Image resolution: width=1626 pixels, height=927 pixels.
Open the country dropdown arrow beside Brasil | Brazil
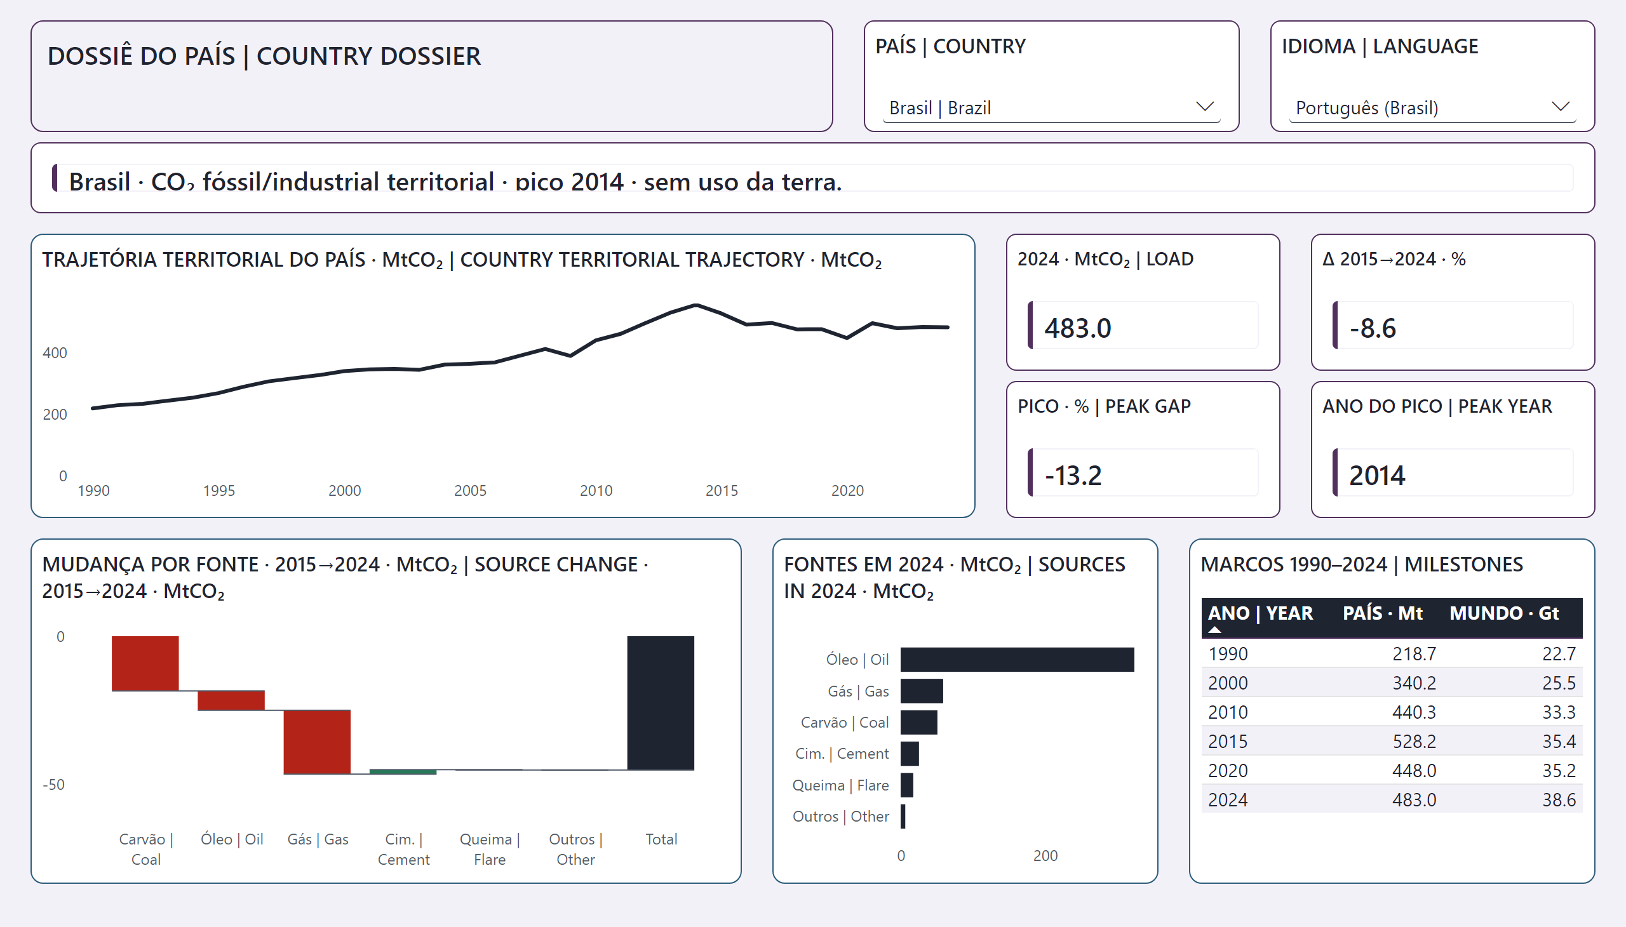click(x=1204, y=106)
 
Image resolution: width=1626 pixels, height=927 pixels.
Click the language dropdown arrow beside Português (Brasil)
click(x=1560, y=106)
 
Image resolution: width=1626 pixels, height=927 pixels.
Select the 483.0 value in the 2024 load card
click(x=1078, y=328)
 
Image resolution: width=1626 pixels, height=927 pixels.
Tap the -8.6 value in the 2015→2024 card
click(x=1373, y=328)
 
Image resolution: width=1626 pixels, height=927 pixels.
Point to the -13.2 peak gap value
click(x=1073, y=476)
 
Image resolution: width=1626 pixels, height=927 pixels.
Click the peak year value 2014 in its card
click(x=1377, y=476)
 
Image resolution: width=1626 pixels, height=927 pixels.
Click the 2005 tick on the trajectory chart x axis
click(x=470, y=491)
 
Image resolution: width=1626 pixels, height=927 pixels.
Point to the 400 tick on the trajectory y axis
click(x=55, y=353)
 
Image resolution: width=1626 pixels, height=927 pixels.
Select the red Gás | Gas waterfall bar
click(x=317, y=742)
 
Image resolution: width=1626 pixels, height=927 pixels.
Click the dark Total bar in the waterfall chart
click(x=661, y=703)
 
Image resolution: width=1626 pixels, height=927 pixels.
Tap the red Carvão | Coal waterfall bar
click(x=145, y=664)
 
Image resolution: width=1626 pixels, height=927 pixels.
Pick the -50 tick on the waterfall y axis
click(x=53, y=784)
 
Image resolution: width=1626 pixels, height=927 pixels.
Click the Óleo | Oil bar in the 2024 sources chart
click(x=1017, y=660)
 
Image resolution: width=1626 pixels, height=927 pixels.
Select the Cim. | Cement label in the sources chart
click(x=842, y=754)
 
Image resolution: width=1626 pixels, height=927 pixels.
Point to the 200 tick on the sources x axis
click(x=1045, y=856)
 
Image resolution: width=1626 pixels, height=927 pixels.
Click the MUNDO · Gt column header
click(x=1503, y=613)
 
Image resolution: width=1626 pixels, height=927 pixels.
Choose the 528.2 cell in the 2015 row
click(x=1414, y=742)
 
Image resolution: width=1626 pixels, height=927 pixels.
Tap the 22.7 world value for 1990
click(x=1559, y=654)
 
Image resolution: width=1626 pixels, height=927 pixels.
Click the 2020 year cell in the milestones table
click(x=1228, y=771)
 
